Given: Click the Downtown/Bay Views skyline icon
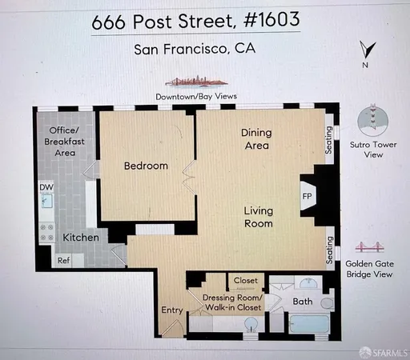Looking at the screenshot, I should coord(196,82).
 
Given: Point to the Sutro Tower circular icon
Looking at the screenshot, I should coord(372,122).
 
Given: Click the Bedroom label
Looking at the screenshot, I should coord(146,166).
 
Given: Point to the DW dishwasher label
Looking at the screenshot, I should coord(46,188).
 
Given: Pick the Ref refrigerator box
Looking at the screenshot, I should coord(63,260).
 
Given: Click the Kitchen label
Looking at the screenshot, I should coord(81,238).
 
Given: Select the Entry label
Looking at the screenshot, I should coord(171,310).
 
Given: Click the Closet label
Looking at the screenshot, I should coord(247,281).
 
